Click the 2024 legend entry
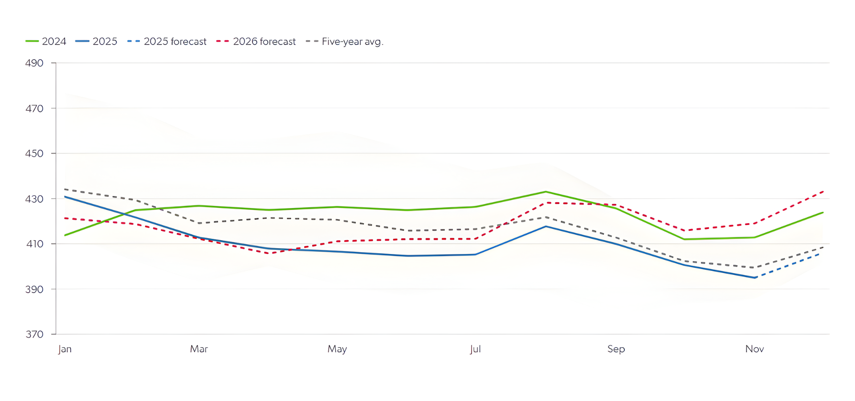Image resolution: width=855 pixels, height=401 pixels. click(46, 41)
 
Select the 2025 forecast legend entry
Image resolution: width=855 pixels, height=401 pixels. click(167, 41)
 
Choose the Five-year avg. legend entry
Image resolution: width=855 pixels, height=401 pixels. click(345, 41)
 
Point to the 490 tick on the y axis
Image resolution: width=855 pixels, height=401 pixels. click(34, 63)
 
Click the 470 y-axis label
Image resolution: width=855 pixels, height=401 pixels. click(34, 108)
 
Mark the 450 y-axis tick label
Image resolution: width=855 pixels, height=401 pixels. click(34, 154)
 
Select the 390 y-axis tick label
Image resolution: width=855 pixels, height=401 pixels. click(34, 290)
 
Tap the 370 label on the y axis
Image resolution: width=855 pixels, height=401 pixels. click(34, 335)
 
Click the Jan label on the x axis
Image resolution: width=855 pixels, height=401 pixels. click(65, 349)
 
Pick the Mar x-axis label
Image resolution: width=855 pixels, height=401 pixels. click(199, 349)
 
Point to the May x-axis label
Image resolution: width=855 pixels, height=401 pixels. click(337, 349)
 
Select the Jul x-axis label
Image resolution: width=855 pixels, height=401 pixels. click(475, 349)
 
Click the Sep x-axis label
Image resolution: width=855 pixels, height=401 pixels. click(616, 349)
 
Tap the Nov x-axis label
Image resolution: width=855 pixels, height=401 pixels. click(754, 349)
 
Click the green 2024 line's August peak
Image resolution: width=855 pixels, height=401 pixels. click(546, 192)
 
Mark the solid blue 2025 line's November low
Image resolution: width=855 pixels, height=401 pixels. click(755, 278)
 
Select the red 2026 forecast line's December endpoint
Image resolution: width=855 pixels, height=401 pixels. click(823, 192)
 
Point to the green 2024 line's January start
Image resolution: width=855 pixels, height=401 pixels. click(65, 235)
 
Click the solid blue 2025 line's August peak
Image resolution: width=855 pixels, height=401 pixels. click(546, 226)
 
